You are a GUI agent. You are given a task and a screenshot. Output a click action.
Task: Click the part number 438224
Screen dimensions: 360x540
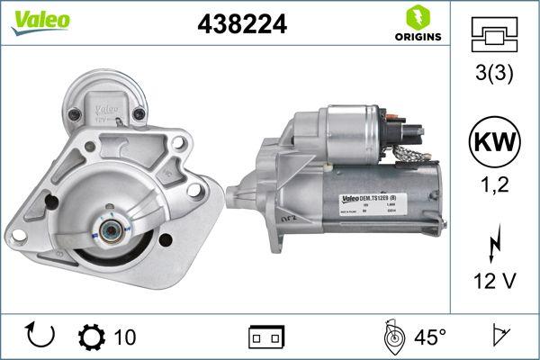click(241, 26)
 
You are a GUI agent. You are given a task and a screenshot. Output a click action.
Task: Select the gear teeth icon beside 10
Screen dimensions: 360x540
click(92, 337)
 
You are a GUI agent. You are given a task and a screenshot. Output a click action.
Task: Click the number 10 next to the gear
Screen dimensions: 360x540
click(125, 337)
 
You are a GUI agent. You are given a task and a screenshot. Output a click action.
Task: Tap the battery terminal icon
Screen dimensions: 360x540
click(266, 337)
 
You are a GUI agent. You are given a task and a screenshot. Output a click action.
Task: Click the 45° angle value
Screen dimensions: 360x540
click(430, 337)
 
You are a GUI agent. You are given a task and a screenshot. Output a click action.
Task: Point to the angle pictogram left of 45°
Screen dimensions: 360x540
click(392, 337)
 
